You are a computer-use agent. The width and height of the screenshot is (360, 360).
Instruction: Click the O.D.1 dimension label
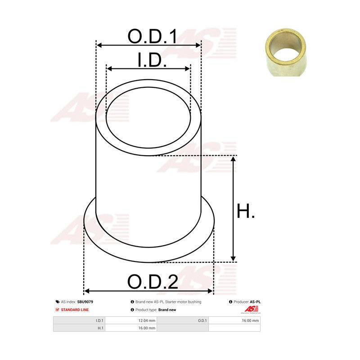153,36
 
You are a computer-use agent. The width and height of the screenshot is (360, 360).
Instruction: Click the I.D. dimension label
152,60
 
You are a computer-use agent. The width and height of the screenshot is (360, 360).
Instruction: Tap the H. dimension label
245,211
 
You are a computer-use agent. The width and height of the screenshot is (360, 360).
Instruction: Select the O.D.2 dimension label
153,282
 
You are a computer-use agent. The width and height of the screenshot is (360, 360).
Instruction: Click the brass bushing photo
286,52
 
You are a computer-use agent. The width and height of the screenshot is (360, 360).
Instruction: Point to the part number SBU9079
85,302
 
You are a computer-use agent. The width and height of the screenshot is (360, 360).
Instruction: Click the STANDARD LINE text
75,310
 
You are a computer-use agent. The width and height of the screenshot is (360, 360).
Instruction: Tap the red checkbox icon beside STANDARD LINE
58,310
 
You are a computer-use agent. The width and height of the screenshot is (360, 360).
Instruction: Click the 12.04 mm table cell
131,320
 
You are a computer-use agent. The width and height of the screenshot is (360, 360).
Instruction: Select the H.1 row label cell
79,328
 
